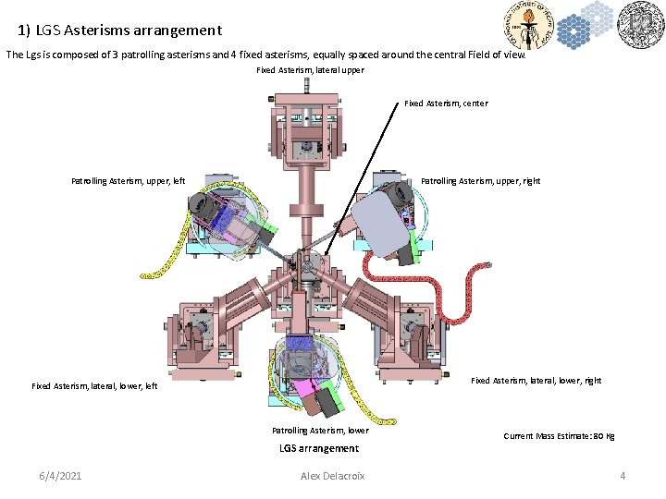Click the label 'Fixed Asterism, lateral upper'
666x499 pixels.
(x=310, y=70)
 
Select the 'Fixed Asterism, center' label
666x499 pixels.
(x=446, y=103)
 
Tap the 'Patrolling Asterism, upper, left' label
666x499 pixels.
(x=128, y=181)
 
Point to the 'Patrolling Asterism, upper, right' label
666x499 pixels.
(x=480, y=181)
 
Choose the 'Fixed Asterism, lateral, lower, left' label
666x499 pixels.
(x=94, y=386)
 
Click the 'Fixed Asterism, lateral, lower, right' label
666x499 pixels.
(x=536, y=381)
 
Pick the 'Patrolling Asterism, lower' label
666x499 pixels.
(x=320, y=431)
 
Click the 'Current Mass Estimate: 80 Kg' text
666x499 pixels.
(x=559, y=435)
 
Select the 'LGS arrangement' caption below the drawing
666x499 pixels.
(x=319, y=449)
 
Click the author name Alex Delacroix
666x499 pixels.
(x=333, y=476)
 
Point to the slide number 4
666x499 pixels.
(x=623, y=476)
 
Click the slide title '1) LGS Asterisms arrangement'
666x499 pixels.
(x=119, y=30)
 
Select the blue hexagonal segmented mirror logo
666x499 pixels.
(x=585, y=25)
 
